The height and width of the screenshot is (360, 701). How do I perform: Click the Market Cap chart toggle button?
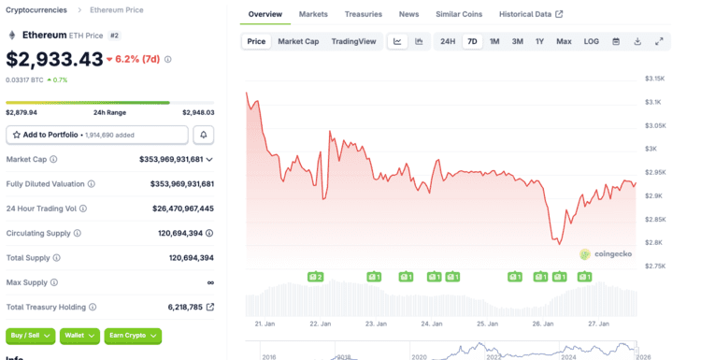pos(298,41)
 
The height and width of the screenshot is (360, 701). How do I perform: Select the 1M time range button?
pos(494,41)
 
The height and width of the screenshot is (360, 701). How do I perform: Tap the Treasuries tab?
pos(363,14)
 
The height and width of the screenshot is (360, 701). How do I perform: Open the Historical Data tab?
pos(531,14)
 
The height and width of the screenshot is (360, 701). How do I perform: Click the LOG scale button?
pos(591,41)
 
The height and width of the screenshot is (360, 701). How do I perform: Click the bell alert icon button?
pos(204,135)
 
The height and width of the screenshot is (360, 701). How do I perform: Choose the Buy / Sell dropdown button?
pos(31,336)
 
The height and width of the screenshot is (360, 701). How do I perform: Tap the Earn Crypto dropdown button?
pos(133,336)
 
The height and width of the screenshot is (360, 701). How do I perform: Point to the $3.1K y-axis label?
pos(652,102)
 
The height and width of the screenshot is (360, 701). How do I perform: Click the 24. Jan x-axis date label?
pos(432,324)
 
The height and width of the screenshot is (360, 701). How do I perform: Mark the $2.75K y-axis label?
pos(655,266)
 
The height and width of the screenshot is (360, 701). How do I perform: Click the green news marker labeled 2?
pos(315,278)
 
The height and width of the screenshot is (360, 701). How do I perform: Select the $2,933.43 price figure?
pos(54,59)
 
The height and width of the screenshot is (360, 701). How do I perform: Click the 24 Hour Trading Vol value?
pos(183,209)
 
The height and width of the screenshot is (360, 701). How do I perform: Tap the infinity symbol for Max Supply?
pos(210,282)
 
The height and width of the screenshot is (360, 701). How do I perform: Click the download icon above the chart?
pos(637,41)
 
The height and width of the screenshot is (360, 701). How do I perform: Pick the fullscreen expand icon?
pos(659,41)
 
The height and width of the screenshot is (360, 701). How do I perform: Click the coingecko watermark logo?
pos(606,254)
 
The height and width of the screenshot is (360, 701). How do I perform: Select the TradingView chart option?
pos(353,41)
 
